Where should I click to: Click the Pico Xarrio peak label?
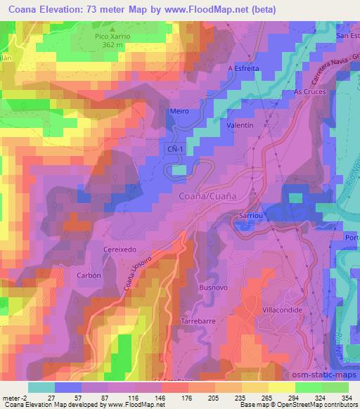pos(108,35)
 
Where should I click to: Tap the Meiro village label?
pos(180,110)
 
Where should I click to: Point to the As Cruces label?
pos(307,91)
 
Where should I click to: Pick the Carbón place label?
pos(88,275)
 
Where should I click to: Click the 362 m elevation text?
pos(108,44)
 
